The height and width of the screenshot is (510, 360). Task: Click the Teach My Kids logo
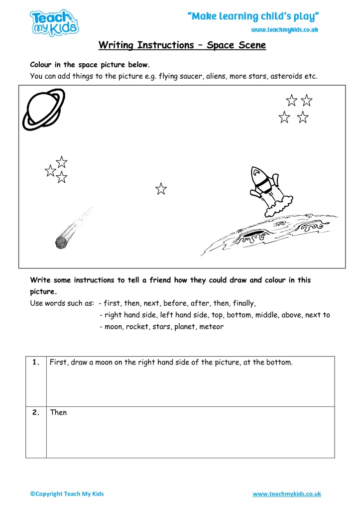(54, 23)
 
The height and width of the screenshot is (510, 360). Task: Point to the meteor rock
(61, 242)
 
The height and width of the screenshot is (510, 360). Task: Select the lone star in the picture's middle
(161, 189)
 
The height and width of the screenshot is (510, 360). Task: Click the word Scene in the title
(250, 45)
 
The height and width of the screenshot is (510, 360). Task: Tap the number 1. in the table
(36, 363)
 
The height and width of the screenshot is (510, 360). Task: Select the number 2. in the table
(36, 412)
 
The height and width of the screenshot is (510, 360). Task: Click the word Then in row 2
(58, 412)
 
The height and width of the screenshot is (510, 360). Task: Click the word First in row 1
(59, 363)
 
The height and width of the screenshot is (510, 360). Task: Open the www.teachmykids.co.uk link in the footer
(286, 494)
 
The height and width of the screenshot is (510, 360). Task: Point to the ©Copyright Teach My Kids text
(67, 494)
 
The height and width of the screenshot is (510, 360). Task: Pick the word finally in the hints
(240, 303)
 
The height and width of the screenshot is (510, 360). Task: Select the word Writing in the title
(116, 45)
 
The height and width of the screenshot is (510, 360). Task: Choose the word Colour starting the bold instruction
(42, 65)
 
